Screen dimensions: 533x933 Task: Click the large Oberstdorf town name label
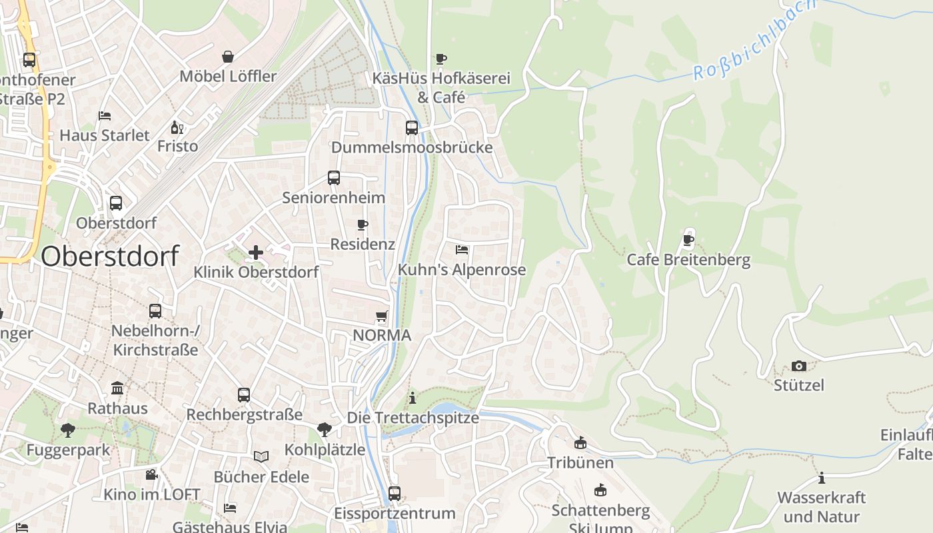click(110, 256)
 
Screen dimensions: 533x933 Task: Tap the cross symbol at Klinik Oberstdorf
click(255, 253)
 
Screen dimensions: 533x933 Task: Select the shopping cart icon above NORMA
click(382, 316)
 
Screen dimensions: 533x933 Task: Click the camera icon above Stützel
click(798, 366)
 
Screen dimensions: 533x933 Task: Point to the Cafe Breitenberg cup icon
click(688, 240)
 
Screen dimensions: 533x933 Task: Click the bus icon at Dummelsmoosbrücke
click(412, 127)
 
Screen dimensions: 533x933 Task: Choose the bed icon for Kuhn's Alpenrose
click(461, 250)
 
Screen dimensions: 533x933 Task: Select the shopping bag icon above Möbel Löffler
click(228, 57)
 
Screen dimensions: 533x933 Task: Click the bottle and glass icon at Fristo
click(177, 127)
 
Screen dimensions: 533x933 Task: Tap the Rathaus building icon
click(118, 388)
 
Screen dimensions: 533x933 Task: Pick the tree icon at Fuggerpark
click(67, 430)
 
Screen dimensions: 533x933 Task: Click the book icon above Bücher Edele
click(261, 456)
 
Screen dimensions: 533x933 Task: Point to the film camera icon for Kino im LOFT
click(151, 475)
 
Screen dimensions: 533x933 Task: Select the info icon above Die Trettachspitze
click(413, 398)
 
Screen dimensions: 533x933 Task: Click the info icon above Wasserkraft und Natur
click(821, 478)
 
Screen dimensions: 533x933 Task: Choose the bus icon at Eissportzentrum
click(395, 494)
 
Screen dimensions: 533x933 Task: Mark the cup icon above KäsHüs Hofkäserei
click(441, 59)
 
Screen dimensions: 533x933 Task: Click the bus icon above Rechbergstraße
click(244, 394)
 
